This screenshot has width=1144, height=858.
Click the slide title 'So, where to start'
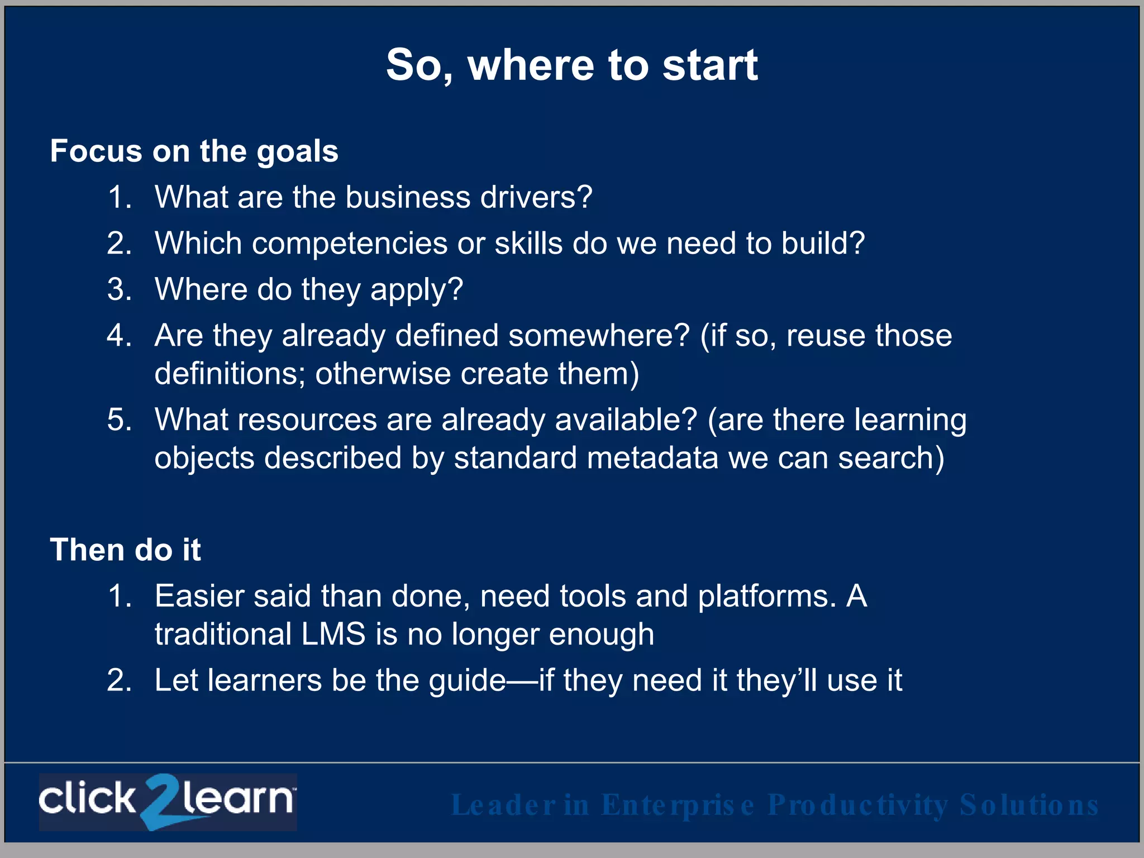pos(571,65)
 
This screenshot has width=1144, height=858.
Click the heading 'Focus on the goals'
pos(194,151)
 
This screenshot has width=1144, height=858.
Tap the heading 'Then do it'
pos(125,550)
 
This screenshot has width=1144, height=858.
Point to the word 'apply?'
pos(417,290)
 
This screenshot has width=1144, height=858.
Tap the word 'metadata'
pos(652,458)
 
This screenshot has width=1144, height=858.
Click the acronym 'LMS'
pos(333,635)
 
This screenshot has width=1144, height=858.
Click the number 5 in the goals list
pos(119,420)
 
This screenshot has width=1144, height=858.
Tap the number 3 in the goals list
pos(119,290)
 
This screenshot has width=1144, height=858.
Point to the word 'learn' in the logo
pos(237,799)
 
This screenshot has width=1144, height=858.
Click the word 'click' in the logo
pos(87,799)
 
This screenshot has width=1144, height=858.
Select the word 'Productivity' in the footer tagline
pos(857,805)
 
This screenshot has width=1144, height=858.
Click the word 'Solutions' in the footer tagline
pos(1028,805)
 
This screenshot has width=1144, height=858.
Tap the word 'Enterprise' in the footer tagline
pos(678,805)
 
